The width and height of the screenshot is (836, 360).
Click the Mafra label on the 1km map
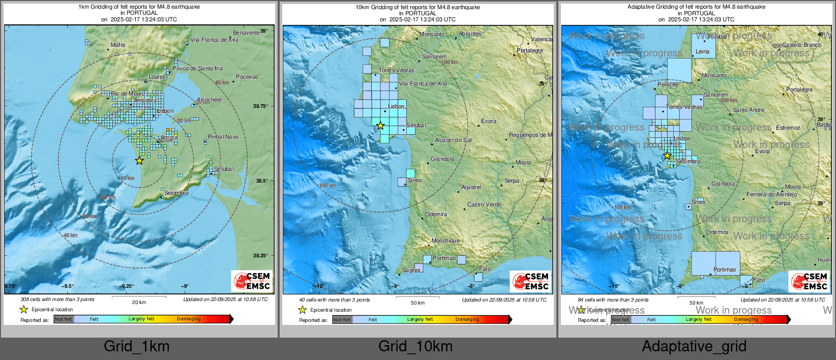[118, 45]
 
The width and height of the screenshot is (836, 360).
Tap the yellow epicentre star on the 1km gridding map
[139, 161]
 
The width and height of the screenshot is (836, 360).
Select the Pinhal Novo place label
[223, 137]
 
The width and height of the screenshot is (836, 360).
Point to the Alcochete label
[210, 100]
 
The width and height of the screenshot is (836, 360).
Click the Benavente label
[246, 33]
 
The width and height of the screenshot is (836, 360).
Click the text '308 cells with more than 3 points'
[57, 299]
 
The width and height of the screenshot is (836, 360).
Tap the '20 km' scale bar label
[139, 303]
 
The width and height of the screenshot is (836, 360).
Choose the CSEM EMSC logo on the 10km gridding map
[530, 281]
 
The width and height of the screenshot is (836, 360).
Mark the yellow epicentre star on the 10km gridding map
[380, 126]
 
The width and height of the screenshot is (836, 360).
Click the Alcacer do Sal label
[453, 140]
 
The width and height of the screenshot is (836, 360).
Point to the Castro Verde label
[484, 205]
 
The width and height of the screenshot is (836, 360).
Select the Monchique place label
[445, 241]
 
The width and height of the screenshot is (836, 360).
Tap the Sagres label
[411, 271]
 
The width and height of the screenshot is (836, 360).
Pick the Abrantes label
[470, 34]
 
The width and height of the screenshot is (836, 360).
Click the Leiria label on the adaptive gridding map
[702, 52]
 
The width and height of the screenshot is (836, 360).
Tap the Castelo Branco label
[801, 45]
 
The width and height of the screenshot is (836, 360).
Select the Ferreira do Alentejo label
[771, 195]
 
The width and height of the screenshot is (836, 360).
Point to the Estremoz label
[788, 128]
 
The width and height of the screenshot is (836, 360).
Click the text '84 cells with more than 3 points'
[613, 300]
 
